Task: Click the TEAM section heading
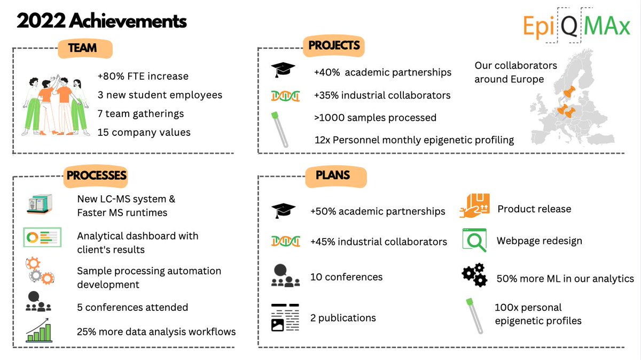[x=82, y=48]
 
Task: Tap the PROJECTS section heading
[x=334, y=46]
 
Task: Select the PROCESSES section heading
[x=96, y=175]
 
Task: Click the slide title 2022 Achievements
[x=101, y=21]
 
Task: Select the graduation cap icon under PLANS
[x=283, y=211]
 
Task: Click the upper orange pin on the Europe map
[x=574, y=92]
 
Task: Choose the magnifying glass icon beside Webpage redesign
[x=475, y=240]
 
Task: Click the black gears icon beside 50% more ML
[x=474, y=275]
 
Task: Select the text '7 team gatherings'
[x=140, y=114]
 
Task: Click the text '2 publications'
[x=343, y=318]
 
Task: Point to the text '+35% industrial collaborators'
[x=382, y=95]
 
